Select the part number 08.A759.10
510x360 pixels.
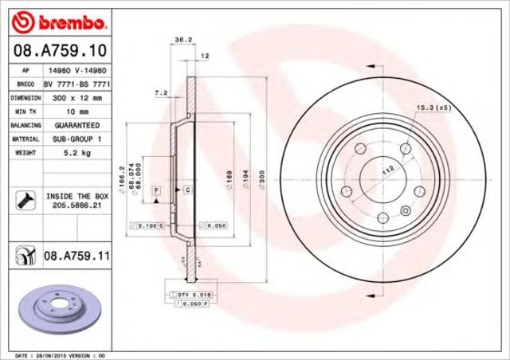(50, 51)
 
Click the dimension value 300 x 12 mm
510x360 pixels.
(76, 97)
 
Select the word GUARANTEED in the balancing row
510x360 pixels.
(76, 125)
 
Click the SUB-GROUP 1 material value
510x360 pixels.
(76, 139)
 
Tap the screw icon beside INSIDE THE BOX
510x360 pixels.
(23, 199)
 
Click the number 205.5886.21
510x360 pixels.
(76, 205)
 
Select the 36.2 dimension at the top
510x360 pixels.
(182, 39)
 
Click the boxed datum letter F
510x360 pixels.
(156, 190)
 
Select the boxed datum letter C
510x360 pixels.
(187, 190)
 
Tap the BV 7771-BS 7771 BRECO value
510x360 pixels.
(76, 84)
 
